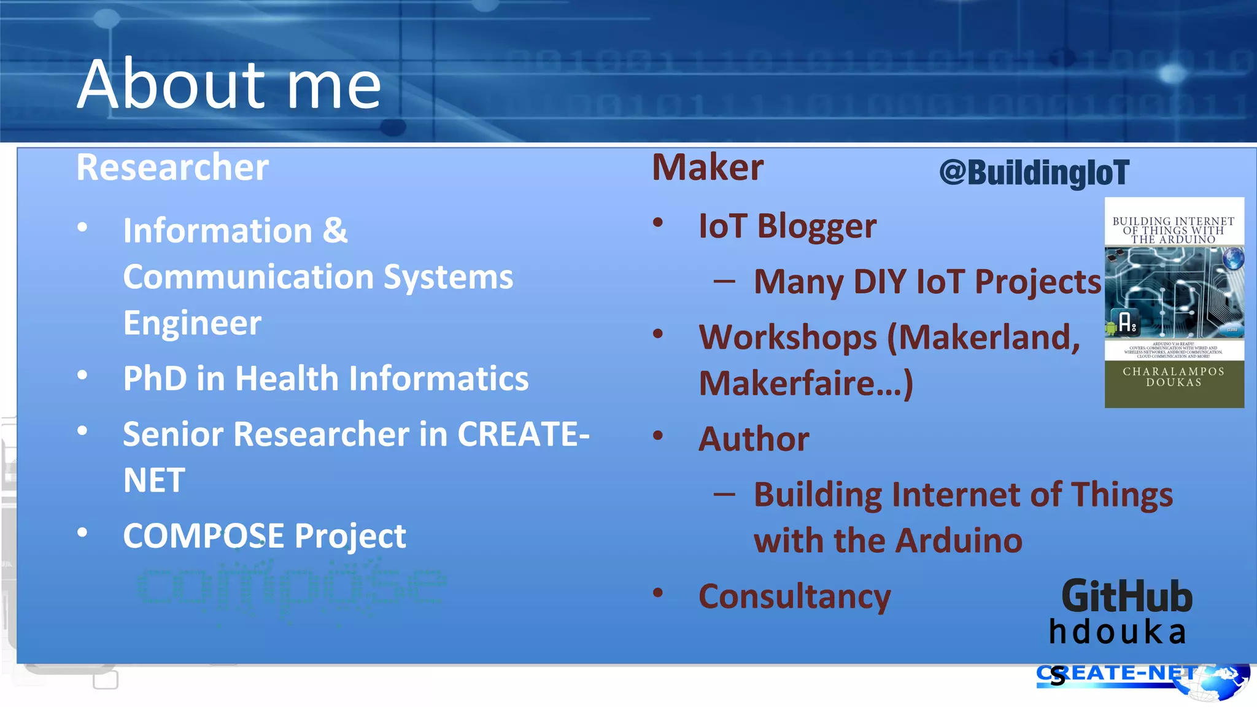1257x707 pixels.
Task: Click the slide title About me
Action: tap(229, 84)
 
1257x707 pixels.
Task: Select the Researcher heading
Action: tap(172, 167)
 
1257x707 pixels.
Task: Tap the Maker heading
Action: tap(707, 167)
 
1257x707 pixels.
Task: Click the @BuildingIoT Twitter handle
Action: tap(1034, 172)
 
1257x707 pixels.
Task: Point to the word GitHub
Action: tap(1127, 596)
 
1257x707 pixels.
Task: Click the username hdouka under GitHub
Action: tap(1117, 632)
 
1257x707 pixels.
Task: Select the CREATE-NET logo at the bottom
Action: tap(1142, 679)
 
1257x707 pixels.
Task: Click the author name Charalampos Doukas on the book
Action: tap(1174, 377)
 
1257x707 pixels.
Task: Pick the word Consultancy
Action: tap(794, 596)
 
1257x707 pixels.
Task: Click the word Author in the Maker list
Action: tap(754, 439)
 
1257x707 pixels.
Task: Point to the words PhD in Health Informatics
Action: tap(325, 378)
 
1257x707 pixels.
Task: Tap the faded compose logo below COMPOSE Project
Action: tap(292, 589)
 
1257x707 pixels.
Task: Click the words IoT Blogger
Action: tap(787, 226)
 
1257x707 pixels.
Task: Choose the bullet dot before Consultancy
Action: tap(658, 593)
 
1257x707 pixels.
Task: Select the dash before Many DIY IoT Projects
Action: tap(724, 282)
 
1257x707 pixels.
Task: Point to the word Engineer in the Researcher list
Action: tap(192, 323)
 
